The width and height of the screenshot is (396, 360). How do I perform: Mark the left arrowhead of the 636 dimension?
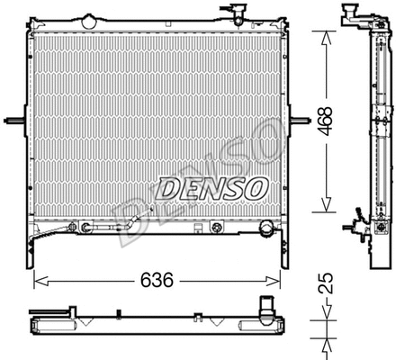(x=37, y=281)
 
